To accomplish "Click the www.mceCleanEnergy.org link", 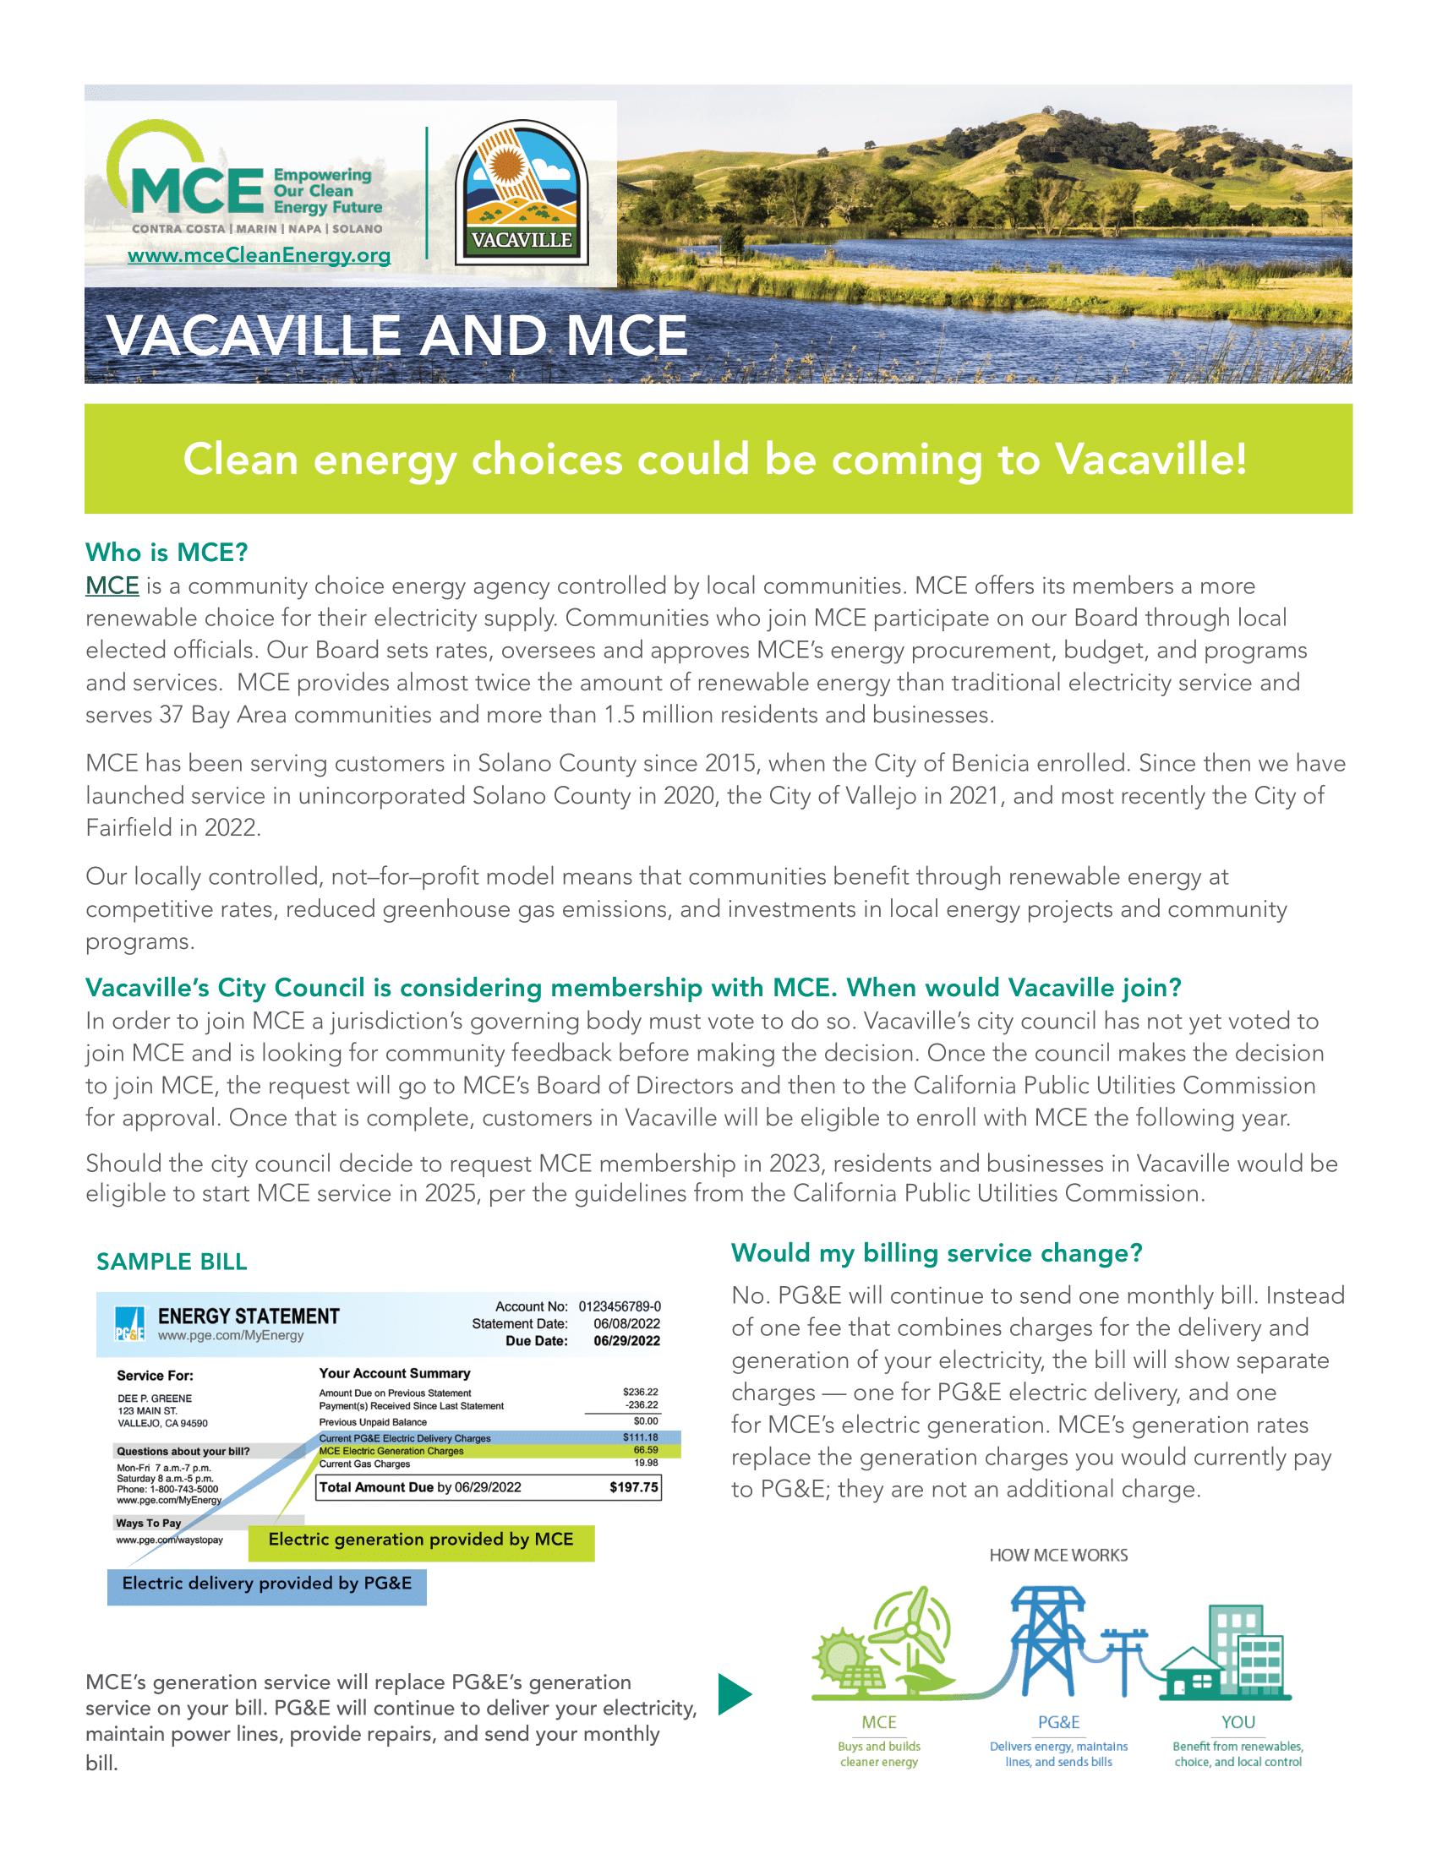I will [x=259, y=255].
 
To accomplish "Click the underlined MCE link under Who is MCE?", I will [x=112, y=586].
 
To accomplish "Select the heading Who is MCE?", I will [x=166, y=553].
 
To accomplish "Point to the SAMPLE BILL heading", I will [x=172, y=1262].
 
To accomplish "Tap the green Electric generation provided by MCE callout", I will [x=421, y=1540].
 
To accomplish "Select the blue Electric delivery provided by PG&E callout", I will [x=266, y=1584].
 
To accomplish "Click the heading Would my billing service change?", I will [x=937, y=1253].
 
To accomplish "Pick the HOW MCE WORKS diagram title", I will [x=1058, y=1555].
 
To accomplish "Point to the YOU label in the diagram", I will [x=1238, y=1722].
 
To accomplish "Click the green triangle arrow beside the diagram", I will [x=735, y=1694].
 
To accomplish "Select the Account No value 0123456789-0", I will [x=619, y=1306].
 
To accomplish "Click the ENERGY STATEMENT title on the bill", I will [x=249, y=1316].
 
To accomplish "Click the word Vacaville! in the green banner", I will [x=1151, y=460].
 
